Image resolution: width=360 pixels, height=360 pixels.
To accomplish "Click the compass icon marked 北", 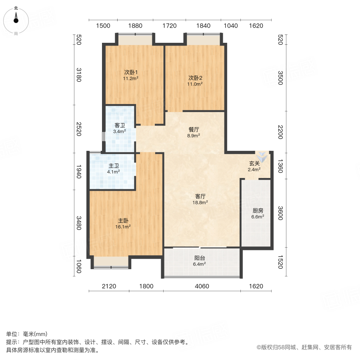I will [x=16, y=20].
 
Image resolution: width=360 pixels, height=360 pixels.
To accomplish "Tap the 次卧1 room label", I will [x=131, y=73].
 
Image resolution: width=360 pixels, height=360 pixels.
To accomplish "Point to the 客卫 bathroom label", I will [x=120, y=125].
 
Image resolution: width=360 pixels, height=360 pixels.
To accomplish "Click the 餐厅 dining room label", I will [x=194, y=130].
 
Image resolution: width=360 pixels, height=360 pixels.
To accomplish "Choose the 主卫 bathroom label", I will [x=114, y=166].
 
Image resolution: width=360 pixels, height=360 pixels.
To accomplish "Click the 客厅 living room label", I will [x=200, y=196].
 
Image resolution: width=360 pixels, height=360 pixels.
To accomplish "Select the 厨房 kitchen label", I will [x=258, y=211].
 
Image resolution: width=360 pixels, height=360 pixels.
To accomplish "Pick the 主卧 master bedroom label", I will [x=123, y=220].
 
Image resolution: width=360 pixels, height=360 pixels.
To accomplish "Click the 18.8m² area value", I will [x=200, y=202].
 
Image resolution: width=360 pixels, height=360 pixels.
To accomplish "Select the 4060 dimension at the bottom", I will [x=202, y=286].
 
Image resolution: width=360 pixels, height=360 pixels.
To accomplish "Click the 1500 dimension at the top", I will [x=103, y=26].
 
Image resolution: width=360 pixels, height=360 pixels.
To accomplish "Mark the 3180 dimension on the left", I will [x=78, y=75].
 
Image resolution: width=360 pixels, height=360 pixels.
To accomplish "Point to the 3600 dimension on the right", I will [x=280, y=213].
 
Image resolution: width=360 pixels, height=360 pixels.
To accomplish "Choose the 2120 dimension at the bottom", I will [x=109, y=286].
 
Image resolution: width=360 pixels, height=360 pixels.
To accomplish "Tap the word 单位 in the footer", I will [x=12, y=334].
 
